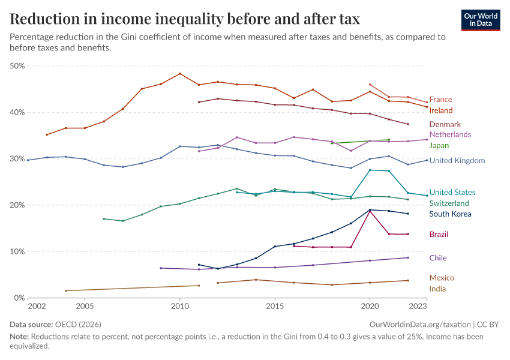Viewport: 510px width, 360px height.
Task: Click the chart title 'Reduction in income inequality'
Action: (x=185, y=19)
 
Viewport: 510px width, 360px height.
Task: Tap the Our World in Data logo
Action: (x=480, y=19)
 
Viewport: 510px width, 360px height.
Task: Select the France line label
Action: (x=440, y=100)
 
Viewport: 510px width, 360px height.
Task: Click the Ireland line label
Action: (x=441, y=110)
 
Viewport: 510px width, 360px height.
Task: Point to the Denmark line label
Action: (x=445, y=124)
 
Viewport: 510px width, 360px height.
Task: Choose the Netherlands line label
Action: (x=450, y=134)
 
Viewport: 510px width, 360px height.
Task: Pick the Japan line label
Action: (x=439, y=145)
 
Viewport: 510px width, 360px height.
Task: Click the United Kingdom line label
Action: (x=457, y=161)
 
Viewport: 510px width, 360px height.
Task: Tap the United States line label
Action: (x=452, y=193)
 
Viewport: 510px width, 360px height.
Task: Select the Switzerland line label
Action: (x=449, y=203)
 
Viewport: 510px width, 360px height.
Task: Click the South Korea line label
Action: (x=450, y=214)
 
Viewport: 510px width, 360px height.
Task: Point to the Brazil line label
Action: (x=439, y=235)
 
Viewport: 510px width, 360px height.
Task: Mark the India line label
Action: (x=437, y=289)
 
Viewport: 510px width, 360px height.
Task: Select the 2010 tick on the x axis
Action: (x=179, y=307)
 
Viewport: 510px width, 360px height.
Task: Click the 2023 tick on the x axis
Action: (x=418, y=307)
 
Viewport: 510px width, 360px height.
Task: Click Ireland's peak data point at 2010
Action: (x=180, y=74)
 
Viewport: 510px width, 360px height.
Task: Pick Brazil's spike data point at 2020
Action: (x=370, y=211)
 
